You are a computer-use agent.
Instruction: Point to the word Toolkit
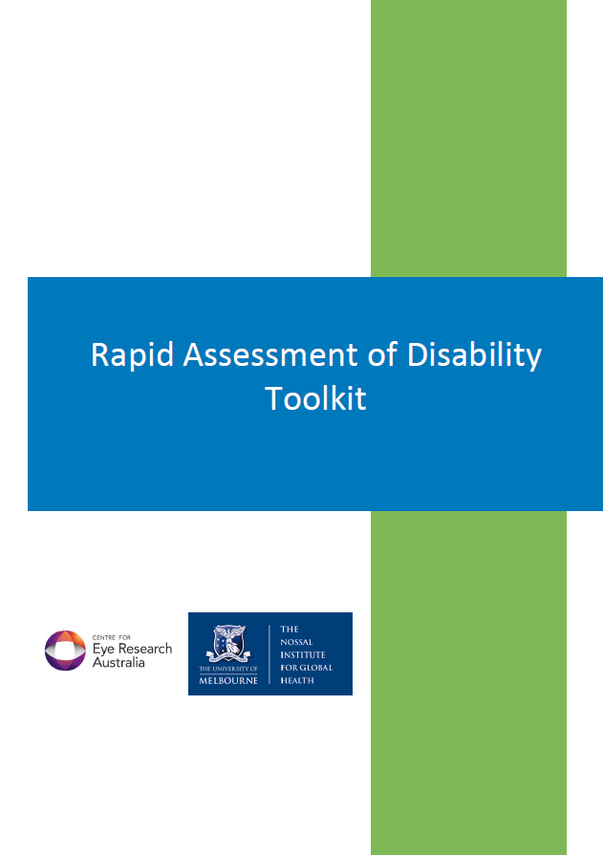(x=316, y=398)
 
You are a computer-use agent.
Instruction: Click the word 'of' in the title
(x=385, y=355)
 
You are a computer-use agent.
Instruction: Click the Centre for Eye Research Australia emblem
(x=66, y=651)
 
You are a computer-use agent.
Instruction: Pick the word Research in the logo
(x=144, y=649)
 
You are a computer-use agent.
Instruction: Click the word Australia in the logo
(x=118, y=662)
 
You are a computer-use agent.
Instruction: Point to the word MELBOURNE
(x=228, y=680)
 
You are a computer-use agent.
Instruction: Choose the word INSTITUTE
(x=304, y=655)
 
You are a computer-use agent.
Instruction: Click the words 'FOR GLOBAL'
(x=307, y=668)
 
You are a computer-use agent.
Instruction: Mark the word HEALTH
(x=298, y=680)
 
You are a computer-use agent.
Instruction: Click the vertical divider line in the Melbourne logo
(x=270, y=654)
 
